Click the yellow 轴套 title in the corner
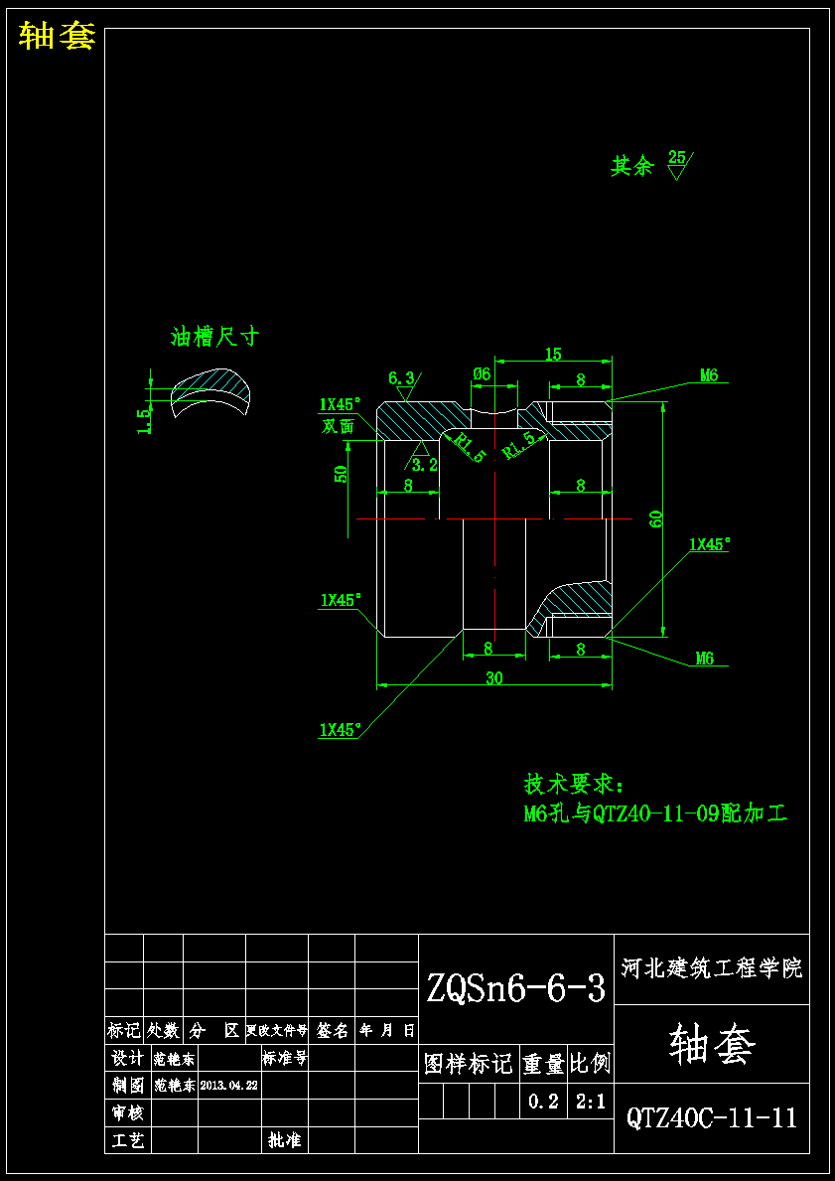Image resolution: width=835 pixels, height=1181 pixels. [x=57, y=37]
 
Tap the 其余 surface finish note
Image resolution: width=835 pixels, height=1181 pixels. [x=632, y=166]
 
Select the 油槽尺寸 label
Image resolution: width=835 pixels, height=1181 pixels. [x=214, y=338]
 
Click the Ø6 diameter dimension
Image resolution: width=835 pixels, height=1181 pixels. [x=482, y=373]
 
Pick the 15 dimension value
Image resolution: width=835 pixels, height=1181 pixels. [x=553, y=354]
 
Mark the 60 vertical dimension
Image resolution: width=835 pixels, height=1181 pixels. [x=655, y=517]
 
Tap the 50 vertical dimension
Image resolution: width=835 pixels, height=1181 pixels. [x=342, y=473]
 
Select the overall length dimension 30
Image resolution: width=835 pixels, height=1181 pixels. [x=493, y=678]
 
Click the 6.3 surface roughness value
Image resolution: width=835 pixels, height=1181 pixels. [x=401, y=377]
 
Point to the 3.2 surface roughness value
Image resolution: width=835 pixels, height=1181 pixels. [x=425, y=464]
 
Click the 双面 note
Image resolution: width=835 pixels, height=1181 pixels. [x=339, y=426]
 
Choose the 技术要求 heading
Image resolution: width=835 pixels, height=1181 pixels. [x=573, y=785]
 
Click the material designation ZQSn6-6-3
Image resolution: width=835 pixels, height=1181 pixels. [x=515, y=987]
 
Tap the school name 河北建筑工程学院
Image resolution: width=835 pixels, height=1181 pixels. [x=711, y=967]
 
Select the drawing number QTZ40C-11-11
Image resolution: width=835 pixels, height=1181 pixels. [x=711, y=1117]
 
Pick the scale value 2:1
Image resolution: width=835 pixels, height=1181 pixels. [x=591, y=1101]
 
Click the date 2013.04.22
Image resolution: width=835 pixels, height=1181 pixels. [x=229, y=1086]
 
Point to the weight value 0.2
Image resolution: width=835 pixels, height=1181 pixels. [x=543, y=1101]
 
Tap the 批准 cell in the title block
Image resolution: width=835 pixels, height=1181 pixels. [x=284, y=1140]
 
